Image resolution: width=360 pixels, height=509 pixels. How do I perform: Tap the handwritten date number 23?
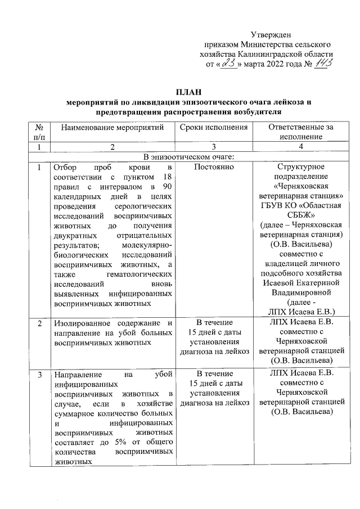228,65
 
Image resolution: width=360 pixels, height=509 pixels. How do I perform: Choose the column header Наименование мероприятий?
112,128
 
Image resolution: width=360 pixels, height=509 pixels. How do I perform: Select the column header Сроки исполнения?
214,128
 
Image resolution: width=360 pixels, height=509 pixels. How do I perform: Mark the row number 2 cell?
39,323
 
